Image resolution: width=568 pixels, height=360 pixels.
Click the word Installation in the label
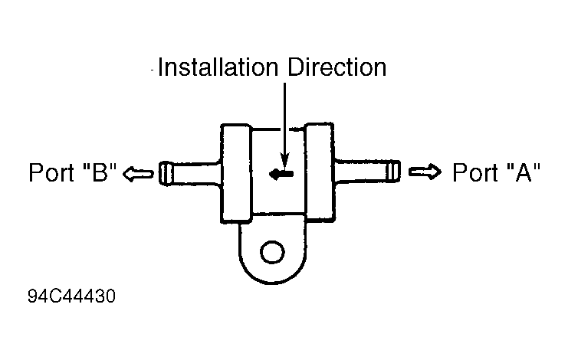(218, 67)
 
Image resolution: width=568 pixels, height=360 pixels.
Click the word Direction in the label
(337, 67)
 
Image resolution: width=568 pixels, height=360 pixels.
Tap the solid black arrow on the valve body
(281, 174)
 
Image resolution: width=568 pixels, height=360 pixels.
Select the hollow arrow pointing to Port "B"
(138, 173)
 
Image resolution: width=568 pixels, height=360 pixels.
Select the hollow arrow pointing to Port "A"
(425, 172)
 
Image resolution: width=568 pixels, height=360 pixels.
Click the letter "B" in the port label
(100, 172)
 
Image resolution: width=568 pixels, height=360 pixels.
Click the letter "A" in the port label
(524, 172)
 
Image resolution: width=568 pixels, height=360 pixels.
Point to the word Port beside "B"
(52, 172)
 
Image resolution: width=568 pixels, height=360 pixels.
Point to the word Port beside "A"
(475, 172)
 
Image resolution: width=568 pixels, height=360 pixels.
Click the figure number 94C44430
(72, 296)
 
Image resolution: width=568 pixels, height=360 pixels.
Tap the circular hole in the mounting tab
(272, 252)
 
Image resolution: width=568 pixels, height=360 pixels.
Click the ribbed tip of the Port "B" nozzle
(166, 173)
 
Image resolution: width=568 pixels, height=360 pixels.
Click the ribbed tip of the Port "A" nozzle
(393, 171)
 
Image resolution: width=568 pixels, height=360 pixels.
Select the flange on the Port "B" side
(236, 173)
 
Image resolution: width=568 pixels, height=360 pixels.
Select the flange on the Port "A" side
(320, 172)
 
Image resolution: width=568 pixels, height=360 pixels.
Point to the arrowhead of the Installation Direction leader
(285, 161)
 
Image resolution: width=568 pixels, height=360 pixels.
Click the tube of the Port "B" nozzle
(196, 174)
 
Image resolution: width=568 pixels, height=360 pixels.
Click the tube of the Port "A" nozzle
(361, 171)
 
